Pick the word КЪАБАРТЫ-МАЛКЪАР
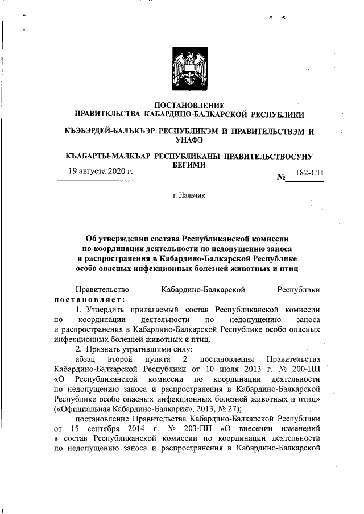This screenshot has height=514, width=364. pyautogui.click(x=109, y=156)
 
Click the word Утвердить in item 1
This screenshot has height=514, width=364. pyautogui.click(x=104, y=310)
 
